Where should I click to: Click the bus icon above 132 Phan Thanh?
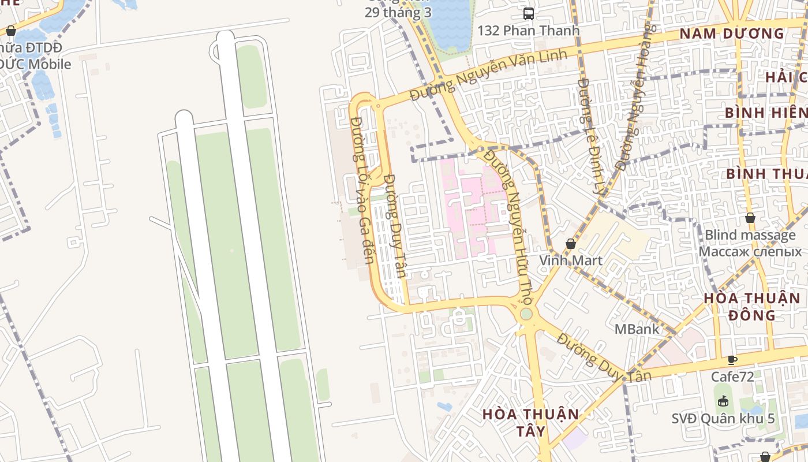tap(528, 13)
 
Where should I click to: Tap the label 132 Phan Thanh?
tap(528, 31)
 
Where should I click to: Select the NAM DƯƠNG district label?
tap(732, 33)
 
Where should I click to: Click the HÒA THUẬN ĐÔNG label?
tap(751, 307)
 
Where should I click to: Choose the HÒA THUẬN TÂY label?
tap(530, 423)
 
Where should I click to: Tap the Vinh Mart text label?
tap(571, 260)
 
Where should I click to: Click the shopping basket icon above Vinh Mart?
tap(571, 244)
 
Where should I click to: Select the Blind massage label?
tap(750, 235)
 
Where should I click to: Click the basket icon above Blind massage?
tap(750, 218)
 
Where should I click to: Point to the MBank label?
tap(637, 329)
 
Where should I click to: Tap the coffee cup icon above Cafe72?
tap(732, 360)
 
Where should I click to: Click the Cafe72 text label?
tap(732, 377)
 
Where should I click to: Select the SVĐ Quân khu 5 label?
tap(723, 419)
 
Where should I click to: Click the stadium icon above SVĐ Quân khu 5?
tap(723, 401)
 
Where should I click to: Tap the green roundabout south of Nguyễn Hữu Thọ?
tap(526, 314)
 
